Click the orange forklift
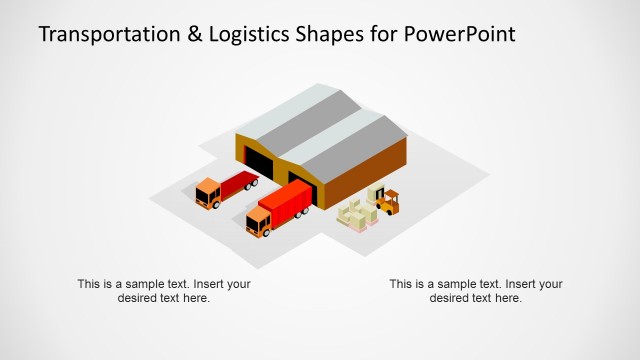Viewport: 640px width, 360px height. click(x=385, y=201)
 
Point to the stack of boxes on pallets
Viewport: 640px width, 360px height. click(x=355, y=214)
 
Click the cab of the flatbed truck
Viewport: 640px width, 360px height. click(x=208, y=192)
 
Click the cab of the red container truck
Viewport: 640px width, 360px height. click(x=259, y=222)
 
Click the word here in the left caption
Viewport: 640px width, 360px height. click(x=196, y=298)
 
